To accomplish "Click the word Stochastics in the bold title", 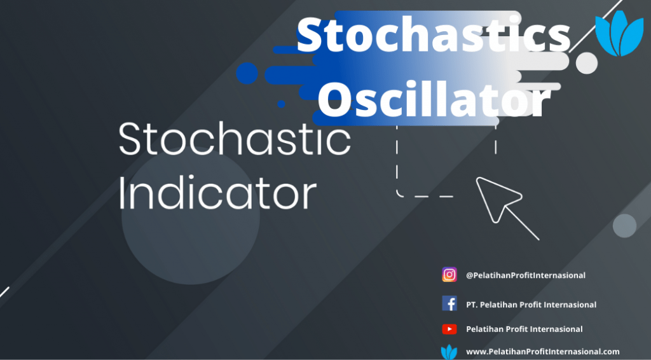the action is point(434,35).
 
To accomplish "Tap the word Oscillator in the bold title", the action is point(434,99).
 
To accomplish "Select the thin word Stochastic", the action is point(235,139).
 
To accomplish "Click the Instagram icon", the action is point(449,275).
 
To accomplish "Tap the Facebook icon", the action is point(449,303).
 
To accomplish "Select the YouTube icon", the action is point(449,329).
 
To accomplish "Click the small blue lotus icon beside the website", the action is point(448,352).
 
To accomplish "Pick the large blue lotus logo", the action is point(619,33).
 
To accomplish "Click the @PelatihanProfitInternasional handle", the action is point(526,275).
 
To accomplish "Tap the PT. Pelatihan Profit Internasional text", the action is point(531,305).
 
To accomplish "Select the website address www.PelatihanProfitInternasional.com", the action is point(543,352).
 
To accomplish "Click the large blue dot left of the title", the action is point(247,74).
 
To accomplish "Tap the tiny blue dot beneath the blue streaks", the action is point(281,104).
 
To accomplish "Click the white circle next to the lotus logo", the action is point(587,63).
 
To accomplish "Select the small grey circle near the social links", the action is point(624,226).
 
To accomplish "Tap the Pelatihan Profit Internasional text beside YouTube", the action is point(524,329).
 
